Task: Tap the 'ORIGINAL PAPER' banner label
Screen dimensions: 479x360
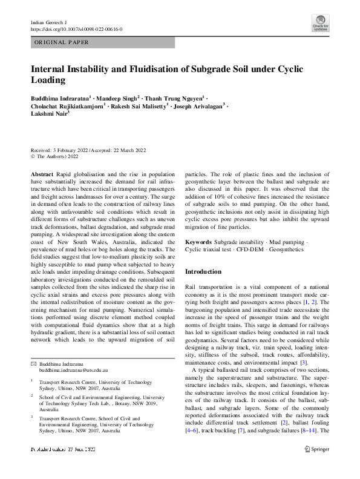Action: (62, 42)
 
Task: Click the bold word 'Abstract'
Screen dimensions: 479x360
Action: (42, 174)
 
